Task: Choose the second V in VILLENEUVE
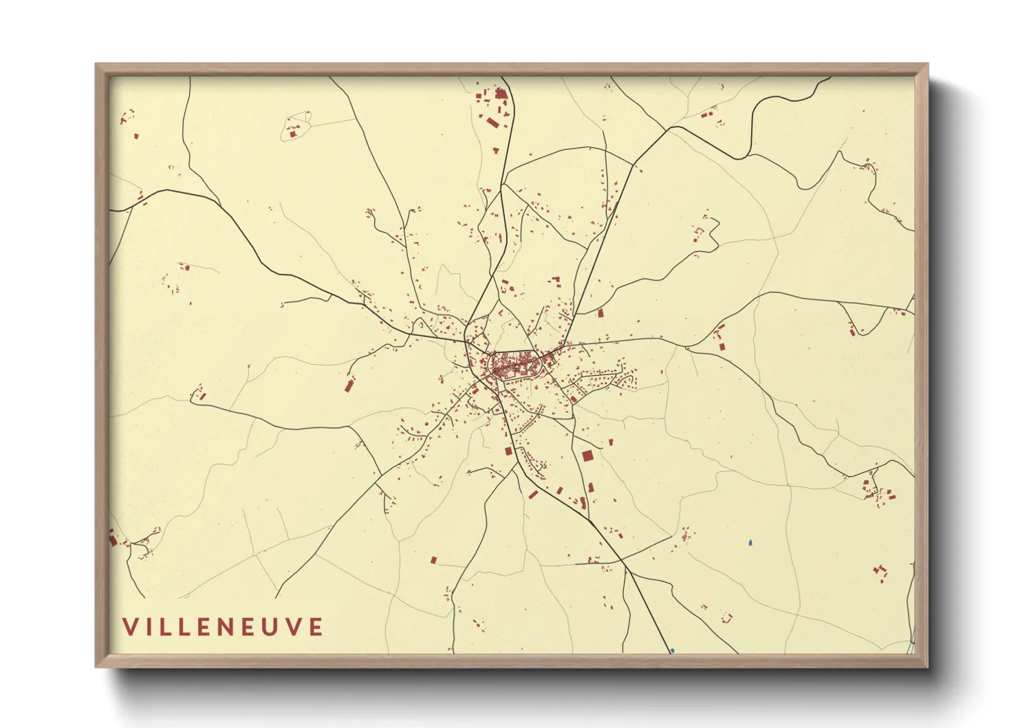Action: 292,627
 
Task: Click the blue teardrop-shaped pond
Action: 750,542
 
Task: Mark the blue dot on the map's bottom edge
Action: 672,650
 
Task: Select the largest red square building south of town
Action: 587,456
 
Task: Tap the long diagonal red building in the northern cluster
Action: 492,122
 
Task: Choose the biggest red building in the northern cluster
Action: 501,94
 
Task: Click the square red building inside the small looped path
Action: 293,133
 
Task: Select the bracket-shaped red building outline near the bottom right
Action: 727,617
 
